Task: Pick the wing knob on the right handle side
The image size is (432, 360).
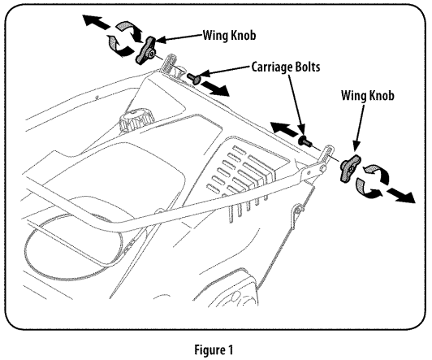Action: [348, 168]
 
